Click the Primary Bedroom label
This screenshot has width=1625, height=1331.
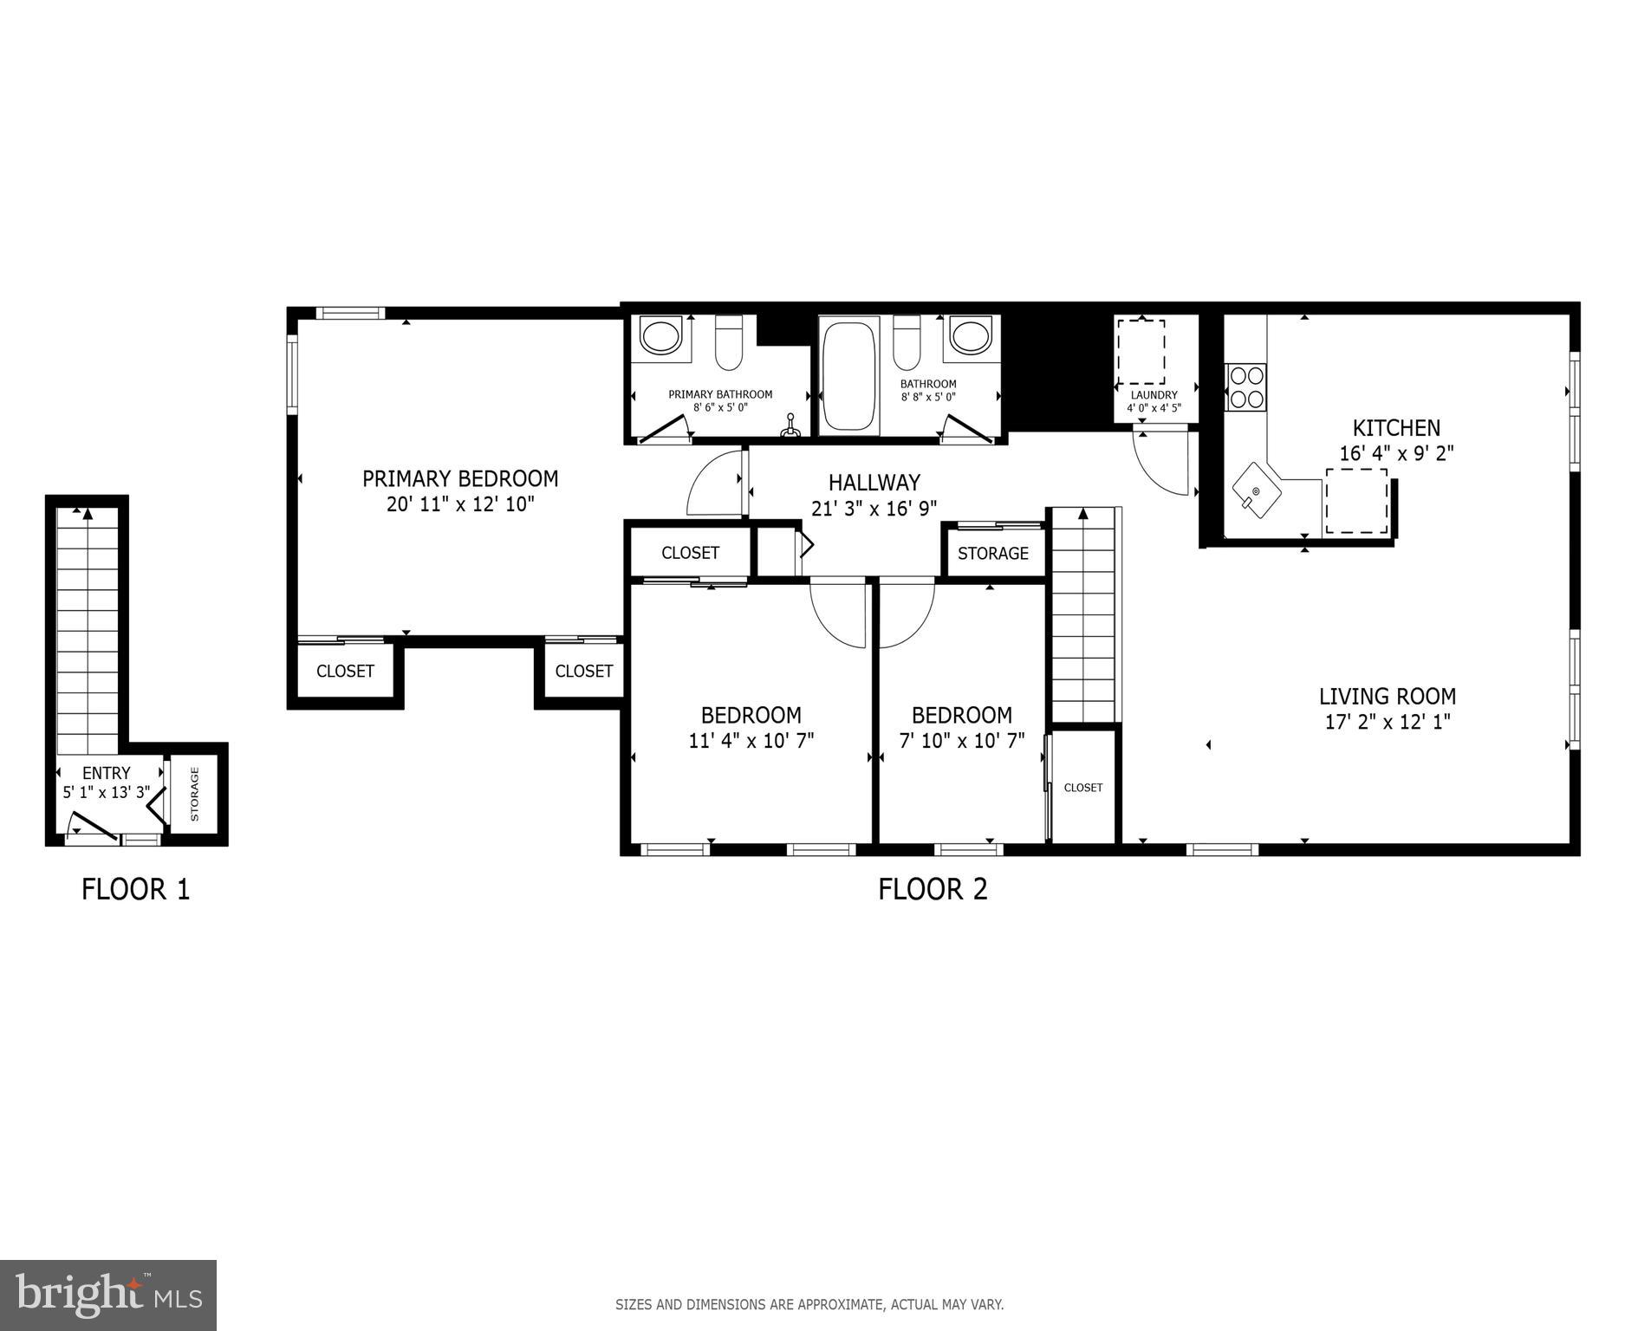(459, 478)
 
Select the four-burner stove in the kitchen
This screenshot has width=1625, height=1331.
(1245, 387)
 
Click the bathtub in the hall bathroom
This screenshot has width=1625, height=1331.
(849, 375)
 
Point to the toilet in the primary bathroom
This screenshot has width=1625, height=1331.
(729, 343)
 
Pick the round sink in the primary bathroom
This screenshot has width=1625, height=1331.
(661, 336)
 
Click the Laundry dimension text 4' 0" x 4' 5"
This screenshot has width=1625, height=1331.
(1154, 408)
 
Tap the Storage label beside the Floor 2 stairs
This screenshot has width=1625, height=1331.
(992, 553)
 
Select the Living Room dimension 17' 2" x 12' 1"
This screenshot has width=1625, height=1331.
(1387, 722)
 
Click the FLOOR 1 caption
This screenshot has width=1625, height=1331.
(135, 889)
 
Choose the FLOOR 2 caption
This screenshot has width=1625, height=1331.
(933, 889)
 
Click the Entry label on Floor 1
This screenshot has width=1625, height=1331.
(106, 773)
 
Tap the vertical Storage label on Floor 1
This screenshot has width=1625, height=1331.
(194, 794)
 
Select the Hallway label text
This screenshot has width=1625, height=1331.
(874, 483)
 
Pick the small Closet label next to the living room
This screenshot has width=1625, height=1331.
(1082, 788)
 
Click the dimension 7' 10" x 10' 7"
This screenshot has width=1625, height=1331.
(961, 741)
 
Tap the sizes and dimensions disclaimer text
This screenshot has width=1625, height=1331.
(809, 1303)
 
